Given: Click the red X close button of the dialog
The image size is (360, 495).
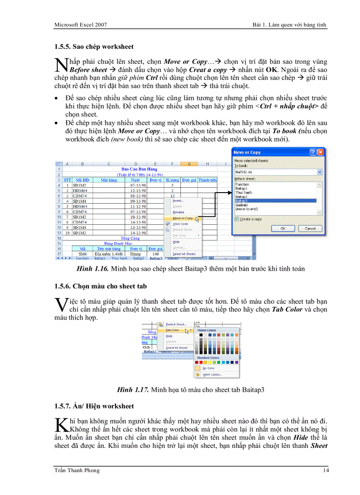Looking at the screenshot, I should (320, 152).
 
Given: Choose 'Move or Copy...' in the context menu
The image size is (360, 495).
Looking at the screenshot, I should (182, 218).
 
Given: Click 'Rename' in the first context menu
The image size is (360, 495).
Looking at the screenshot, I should (178, 212).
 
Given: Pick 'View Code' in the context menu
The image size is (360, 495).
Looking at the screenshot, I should (180, 224).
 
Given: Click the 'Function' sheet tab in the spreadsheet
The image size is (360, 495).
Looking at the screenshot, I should (82, 258).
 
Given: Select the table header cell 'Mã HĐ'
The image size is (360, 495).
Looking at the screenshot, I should (82, 180).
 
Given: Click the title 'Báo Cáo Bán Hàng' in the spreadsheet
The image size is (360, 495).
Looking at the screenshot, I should (139, 169).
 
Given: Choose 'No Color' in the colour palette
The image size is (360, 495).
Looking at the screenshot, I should (208, 368).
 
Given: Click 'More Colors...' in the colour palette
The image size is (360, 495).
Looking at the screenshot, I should (212, 375).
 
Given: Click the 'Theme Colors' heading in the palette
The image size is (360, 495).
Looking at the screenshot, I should (206, 330).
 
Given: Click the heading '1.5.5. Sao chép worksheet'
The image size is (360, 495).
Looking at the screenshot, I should (94, 46).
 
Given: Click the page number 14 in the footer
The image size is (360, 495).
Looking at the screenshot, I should (326, 470).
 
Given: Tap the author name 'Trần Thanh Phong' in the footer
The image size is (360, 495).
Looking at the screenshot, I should (77, 470).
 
